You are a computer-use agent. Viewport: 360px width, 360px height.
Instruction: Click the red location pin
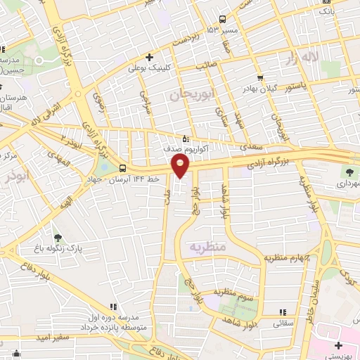click(x=181, y=165)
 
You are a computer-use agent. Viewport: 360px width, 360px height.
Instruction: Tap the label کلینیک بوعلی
click(x=146, y=69)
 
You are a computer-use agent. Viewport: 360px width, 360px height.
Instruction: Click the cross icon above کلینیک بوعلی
click(x=149, y=57)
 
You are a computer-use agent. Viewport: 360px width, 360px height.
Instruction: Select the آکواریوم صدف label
click(x=163, y=149)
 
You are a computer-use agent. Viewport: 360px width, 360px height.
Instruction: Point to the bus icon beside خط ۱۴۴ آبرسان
click(x=123, y=169)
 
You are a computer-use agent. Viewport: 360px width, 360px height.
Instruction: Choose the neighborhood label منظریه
click(x=207, y=247)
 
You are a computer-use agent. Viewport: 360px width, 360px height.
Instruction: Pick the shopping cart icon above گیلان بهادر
click(x=261, y=77)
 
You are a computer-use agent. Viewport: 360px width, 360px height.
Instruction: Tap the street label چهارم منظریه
click(x=288, y=257)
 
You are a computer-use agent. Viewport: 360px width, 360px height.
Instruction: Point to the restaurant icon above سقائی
click(x=282, y=311)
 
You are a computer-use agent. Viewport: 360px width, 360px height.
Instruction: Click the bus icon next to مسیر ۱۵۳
click(x=222, y=20)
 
